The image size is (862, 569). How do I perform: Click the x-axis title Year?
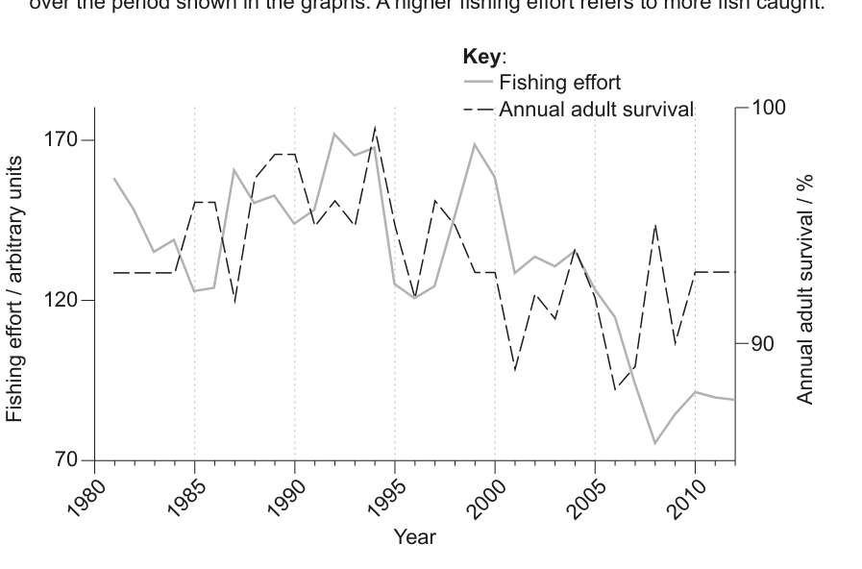click(x=415, y=536)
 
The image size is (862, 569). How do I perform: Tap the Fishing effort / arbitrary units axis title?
click(x=14, y=289)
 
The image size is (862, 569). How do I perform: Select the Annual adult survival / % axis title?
click(x=807, y=289)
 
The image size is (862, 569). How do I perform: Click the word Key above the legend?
click(x=484, y=57)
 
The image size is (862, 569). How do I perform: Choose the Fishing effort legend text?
click(x=559, y=83)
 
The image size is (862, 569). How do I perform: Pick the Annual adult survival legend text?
click(x=596, y=108)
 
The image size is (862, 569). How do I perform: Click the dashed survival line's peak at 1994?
click(x=375, y=127)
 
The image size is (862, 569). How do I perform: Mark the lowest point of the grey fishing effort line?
click(x=654, y=443)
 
